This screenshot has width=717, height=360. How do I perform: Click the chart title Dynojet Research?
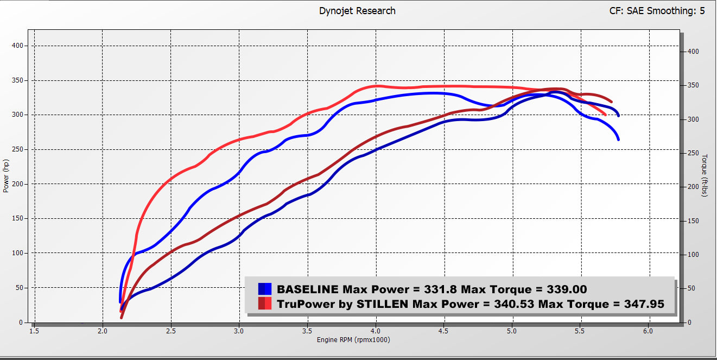coord(357,11)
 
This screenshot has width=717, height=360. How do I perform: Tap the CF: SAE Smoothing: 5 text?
coord(657,11)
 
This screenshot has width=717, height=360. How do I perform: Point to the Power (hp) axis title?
coord(6,175)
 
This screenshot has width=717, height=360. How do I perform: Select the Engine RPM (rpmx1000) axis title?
coord(353,340)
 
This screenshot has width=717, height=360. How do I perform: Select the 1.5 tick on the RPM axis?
coord(34,331)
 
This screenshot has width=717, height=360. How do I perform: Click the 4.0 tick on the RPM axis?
coord(376,331)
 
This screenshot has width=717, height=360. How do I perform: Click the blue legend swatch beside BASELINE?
coord(264,289)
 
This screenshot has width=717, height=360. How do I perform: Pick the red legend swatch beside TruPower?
coord(264,304)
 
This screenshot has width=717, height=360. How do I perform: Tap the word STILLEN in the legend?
coord(382,304)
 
